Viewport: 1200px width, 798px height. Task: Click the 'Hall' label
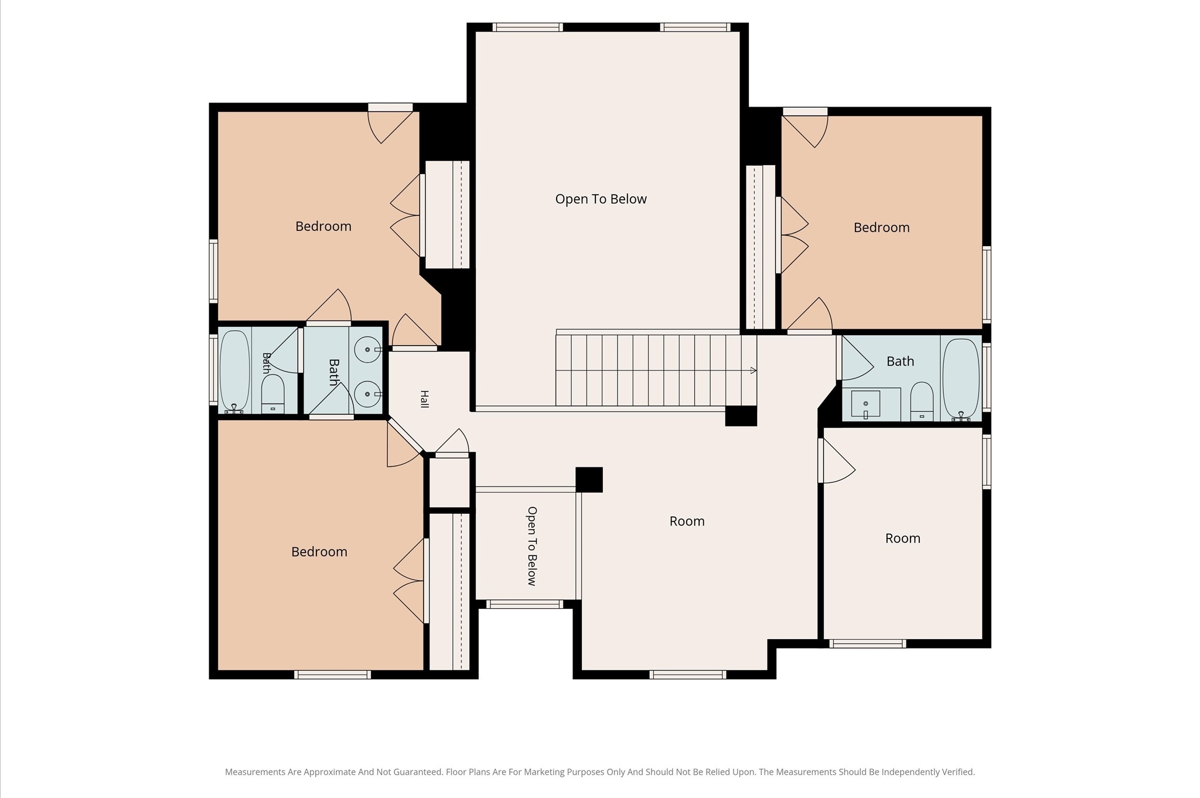click(x=424, y=399)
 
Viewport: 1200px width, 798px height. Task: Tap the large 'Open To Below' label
click(x=601, y=199)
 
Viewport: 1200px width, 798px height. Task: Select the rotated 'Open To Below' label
click(x=532, y=546)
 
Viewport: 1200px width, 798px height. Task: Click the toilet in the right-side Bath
click(x=922, y=402)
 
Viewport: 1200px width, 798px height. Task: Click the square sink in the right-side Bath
click(x=865, y=404)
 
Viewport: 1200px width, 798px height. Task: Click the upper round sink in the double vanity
click(x=368, y=350)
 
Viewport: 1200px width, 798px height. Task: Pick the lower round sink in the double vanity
click(x=368, y=394)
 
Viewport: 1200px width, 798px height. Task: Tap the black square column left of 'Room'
click(x=589, y=479)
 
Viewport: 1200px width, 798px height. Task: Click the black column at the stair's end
click(x=741, y=416)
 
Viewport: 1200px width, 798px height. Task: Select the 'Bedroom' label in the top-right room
click(x=881, y=228)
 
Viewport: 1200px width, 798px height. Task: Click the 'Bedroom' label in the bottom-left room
click(x=319, y=552)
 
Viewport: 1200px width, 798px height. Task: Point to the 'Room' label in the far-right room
click(x=902, y=538)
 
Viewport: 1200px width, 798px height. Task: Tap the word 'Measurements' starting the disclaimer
click(x=255, y=772)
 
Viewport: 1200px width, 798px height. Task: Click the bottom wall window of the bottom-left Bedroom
click(x=332, y=675)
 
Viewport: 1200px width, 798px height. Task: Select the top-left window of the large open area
click(x=527, y=27)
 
